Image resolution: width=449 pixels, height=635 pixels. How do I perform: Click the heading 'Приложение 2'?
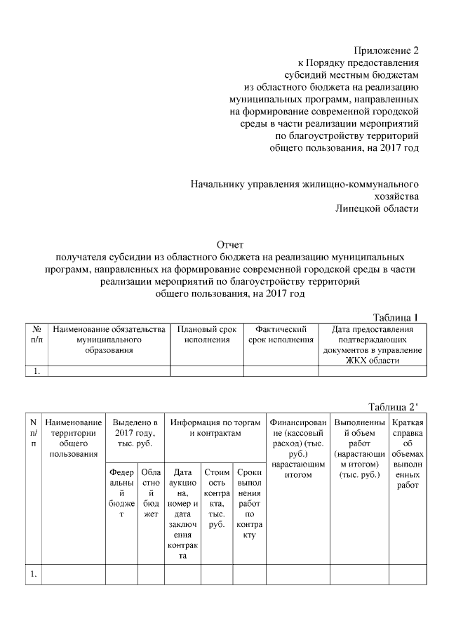(x=387, y=51)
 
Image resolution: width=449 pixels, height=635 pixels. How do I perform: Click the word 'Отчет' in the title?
(x=229, y=245)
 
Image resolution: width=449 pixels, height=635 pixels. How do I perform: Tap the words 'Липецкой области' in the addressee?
(x=377, y=208)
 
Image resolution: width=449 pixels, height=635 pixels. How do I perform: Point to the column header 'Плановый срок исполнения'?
(x=207, y=334)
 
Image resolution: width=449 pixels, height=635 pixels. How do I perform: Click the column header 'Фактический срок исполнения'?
(x=281, y=334)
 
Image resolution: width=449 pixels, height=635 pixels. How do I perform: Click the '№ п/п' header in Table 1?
(x=37, y=334)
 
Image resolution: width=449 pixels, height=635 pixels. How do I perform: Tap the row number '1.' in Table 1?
(x=36, y=372)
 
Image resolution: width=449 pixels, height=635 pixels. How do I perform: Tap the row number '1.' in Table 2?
(x=33, y=575)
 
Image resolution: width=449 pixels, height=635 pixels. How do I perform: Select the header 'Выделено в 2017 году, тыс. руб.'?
(x=134, y=434)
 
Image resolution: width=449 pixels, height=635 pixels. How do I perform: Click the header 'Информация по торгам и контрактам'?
(x=215, y=428)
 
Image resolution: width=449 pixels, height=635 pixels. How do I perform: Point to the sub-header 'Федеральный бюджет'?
(x=121, y=494)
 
